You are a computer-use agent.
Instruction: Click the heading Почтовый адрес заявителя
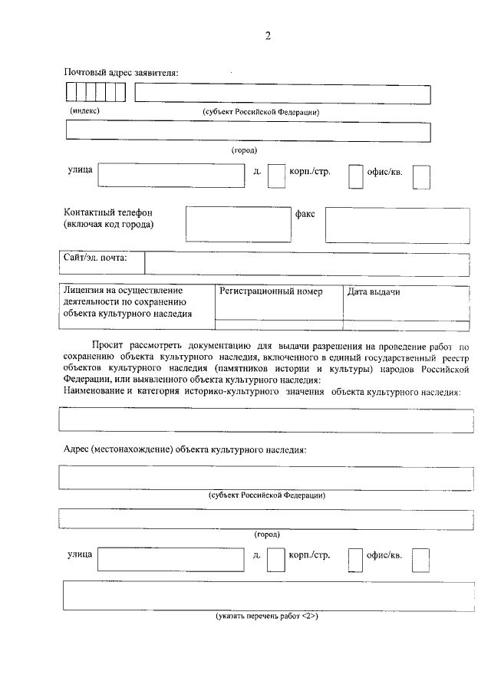click(120, 73)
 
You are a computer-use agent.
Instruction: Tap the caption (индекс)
click(85, 110)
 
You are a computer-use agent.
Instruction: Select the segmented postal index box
click(95, 93)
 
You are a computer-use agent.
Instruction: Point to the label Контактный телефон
click(108, 212)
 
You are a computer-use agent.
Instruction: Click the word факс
click(305, 214)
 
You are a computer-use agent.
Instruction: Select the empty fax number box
click(397, 224)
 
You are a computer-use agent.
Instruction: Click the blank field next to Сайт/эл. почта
click(307, 264)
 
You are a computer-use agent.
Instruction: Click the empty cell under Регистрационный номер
click(278, 324)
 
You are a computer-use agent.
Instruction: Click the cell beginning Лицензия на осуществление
click(137, 302)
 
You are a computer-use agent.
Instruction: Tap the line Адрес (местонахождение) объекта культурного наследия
click(184, 449)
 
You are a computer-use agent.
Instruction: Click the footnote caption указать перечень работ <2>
click(266, 616)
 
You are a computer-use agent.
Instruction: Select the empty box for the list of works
click(267, 595)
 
